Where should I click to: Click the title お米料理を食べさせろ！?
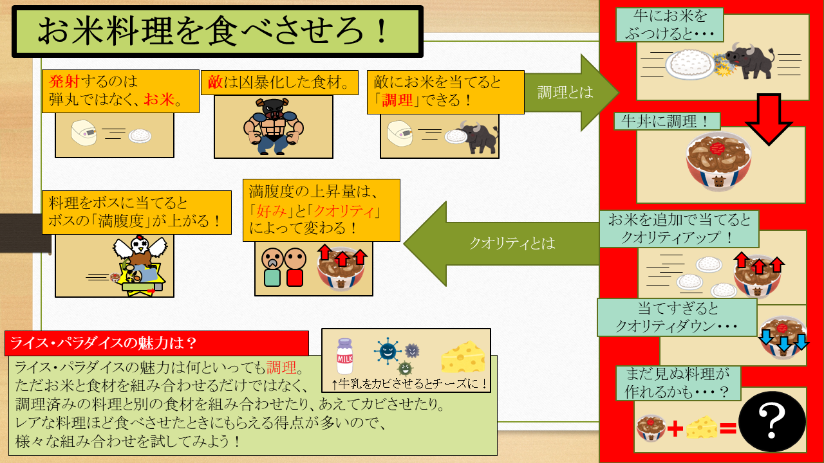point(212,31)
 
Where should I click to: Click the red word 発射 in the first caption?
point(64,81)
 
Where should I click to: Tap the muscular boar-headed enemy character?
point(274,126)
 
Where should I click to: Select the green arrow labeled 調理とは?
point(571,92)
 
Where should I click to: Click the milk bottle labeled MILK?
point(344,356)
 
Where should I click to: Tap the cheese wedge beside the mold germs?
point(463,357)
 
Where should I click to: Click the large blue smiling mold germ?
point(388,352)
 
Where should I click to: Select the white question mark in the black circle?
point(772,421)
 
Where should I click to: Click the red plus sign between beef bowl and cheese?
point(675,428)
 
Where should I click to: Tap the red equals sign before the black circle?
point(728,428)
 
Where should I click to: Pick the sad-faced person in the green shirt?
point(272,267)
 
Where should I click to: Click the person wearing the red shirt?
point(295,267)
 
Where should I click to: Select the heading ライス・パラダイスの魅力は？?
point(104,343)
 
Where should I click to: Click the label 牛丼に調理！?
point(666,122)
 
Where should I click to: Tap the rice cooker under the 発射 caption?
point(84,132)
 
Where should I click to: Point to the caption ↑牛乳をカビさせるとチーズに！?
point(409,384)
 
